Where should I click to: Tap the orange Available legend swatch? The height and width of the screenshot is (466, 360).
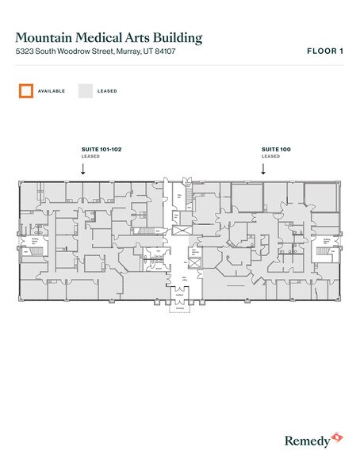[x=26, y=90]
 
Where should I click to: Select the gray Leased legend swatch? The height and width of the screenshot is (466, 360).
[x=85, y=90]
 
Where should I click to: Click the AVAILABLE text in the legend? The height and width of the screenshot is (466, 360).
[x=51, y=91]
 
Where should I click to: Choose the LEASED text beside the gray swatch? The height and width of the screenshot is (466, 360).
[x=107, y=91]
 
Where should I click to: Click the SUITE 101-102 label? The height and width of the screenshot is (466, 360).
[x=101, y=149]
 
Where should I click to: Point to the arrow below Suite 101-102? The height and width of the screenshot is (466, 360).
[x=83, y=168]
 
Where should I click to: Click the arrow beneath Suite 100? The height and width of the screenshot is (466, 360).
[x=263, y=168]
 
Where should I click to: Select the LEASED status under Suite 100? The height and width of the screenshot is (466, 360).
[x=270, y=156]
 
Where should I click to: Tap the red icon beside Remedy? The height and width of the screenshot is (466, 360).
[x=336, y=436]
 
